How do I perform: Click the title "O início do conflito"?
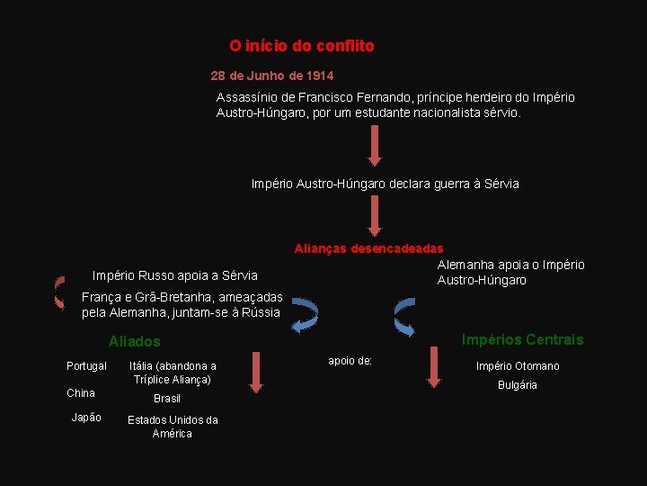(x=302, y=45)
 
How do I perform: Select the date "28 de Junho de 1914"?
(x=272, y=76)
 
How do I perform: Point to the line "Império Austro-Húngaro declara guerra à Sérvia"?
(x=385, y=184)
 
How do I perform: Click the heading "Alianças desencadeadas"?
(x=368, y=248)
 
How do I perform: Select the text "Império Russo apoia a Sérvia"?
(x=175, y=275)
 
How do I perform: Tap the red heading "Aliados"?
(x=135, y=342)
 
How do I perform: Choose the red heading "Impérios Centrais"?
(x=522, y=340)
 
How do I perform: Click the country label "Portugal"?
(x=86, y=366)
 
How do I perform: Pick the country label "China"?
(x=81, y=393)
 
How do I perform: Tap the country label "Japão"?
(x=86, y=418)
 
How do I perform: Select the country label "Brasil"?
(x=167, y=399)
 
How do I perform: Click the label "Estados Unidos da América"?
(x=173, y=427)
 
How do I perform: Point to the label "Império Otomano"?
(x=518, y=366)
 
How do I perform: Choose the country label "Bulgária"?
(x=518, y=385)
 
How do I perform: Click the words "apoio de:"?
(x=350, y=361)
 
